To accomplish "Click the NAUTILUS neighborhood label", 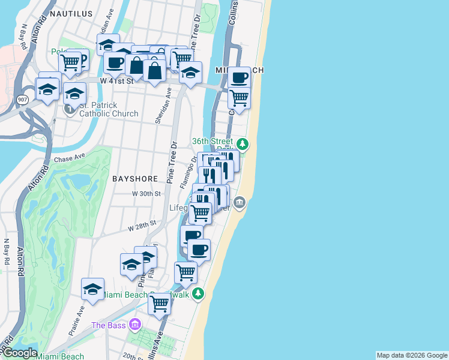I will click(71, 13).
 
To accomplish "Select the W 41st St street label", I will click(115, 80).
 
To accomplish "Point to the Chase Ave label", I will click(70, 160).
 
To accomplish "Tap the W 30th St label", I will click(147, 194).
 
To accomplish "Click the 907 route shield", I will click(22, 100).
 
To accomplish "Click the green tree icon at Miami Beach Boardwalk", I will click(199, 294).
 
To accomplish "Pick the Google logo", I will click(19, 353).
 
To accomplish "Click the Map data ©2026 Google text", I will click(412, 355).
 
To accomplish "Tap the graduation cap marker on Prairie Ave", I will click(93, 289).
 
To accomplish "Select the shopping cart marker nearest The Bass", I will click(160, 304).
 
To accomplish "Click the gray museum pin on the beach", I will click(240, 202).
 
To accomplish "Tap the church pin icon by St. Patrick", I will click(70, 109).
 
